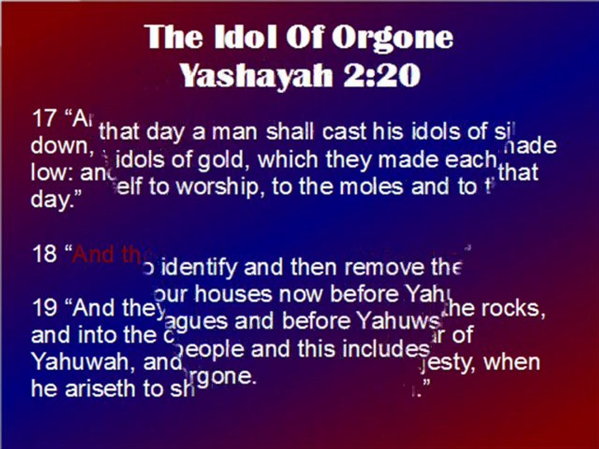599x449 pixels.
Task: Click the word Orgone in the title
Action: pos(391,38)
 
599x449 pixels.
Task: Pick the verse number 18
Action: pos(44,254)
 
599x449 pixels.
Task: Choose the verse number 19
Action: pos(44,308)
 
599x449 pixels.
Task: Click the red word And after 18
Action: pos(92,254)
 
